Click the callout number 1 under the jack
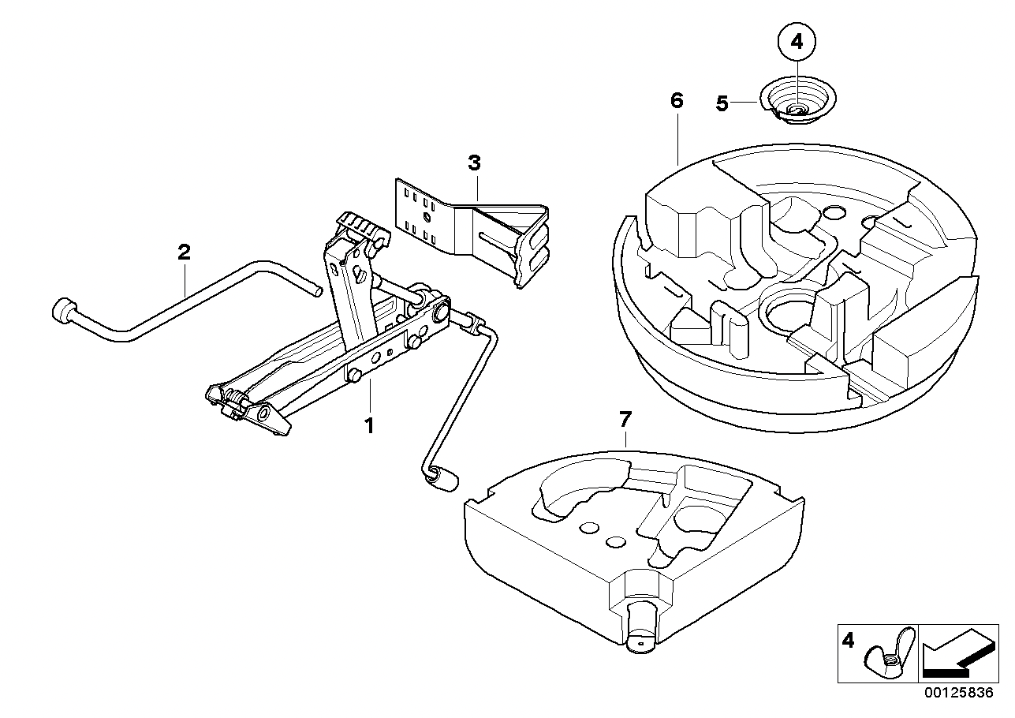[x=368, y=426]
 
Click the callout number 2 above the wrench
[x=183, y=252]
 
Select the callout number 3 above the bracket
[x=473, y=163]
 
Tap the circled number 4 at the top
[x=796, y=43]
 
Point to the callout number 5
[x=722, y=103]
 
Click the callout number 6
[x=677, y=100]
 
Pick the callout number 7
[x=625, y=417]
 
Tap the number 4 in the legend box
[x=849, y=641]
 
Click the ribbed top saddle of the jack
[x=363, y=230]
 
